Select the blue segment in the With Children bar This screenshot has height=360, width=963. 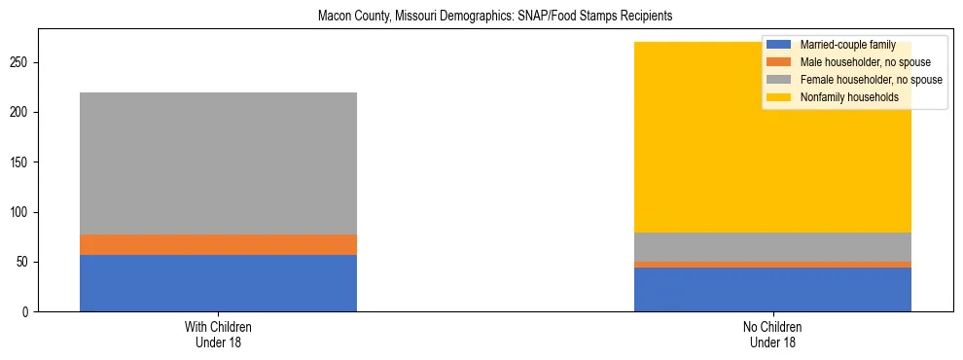click(218, 283)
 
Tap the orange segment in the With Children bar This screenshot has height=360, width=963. click(218, 244)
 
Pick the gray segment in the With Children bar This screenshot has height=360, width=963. click(218, 163)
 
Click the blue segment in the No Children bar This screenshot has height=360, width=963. click(772, 289)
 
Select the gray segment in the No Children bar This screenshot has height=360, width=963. click(772, 247)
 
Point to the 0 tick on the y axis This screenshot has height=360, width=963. click(28, 312)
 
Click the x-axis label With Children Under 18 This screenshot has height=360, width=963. click(218, 335)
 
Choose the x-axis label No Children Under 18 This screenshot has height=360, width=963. click(772, 335)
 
